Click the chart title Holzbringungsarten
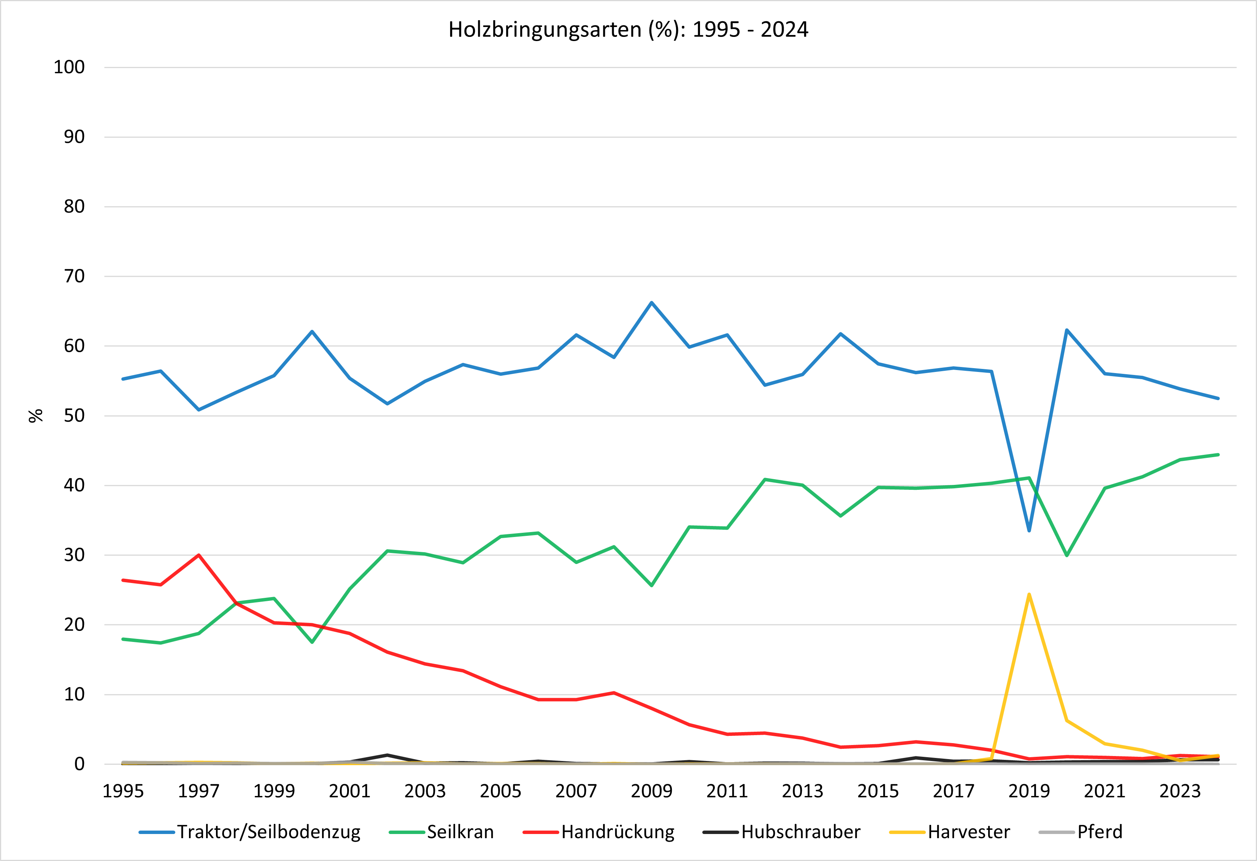point(628,30)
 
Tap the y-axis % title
point(36,415)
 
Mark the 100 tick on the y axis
point(69,68)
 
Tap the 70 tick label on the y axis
point(74,276)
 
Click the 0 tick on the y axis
point(79,764)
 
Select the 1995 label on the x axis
point(123,791)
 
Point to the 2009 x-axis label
point(652,791)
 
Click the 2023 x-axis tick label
point(1180,791)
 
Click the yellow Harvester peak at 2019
point(1029,594)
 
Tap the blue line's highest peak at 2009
point(652,302)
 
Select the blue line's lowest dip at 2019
point(1029,531)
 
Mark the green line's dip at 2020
point(1067,556)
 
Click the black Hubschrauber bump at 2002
point(387,755)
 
